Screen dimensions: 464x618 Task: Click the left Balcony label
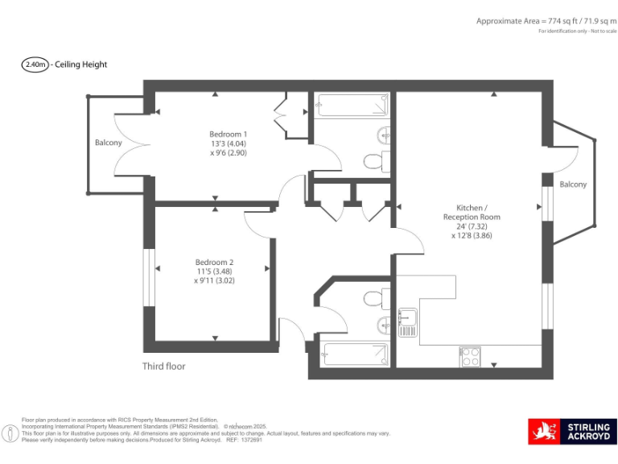109,143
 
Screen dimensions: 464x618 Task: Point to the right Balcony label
573,184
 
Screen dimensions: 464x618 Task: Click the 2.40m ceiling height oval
35,64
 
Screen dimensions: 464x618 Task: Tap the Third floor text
164,366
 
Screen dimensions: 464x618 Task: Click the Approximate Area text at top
544,21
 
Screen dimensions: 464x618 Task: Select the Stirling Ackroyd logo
572,431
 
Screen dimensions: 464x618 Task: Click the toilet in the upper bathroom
375,162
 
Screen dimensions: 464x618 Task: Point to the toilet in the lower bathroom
375,299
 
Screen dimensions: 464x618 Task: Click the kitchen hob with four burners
470,356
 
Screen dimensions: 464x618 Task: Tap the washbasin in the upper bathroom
385,135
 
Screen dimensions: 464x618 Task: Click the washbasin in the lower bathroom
385,325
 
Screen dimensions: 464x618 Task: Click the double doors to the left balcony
130,143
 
